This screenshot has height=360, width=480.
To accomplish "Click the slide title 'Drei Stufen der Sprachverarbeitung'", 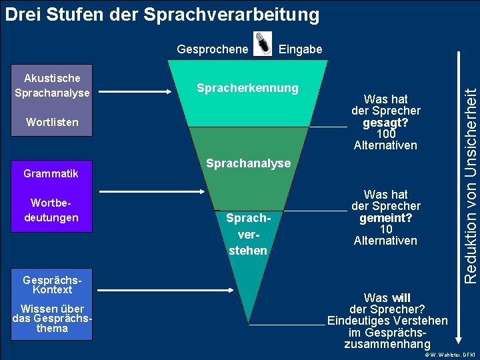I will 162,14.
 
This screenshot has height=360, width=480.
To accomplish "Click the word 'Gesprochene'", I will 212,49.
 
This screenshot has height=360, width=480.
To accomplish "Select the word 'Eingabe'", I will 300,49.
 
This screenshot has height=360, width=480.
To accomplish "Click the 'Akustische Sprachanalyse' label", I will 52,86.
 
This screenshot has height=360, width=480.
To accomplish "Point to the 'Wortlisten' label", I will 52,122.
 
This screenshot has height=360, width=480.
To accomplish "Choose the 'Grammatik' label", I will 51,173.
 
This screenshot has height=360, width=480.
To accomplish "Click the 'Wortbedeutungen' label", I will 55,211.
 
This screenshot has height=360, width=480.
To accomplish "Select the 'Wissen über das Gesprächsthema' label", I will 53,318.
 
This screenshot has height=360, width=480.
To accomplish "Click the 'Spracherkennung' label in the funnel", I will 247,88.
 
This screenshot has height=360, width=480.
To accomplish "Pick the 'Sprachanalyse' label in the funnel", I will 248,163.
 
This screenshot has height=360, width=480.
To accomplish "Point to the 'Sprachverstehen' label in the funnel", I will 248,234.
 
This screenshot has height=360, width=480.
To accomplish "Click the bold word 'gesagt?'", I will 385,123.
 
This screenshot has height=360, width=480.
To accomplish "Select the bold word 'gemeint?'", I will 385,218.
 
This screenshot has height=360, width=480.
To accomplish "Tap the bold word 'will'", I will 401,298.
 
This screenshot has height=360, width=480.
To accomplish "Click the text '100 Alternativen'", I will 385,139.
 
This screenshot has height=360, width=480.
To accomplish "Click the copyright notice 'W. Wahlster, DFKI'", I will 451,354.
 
